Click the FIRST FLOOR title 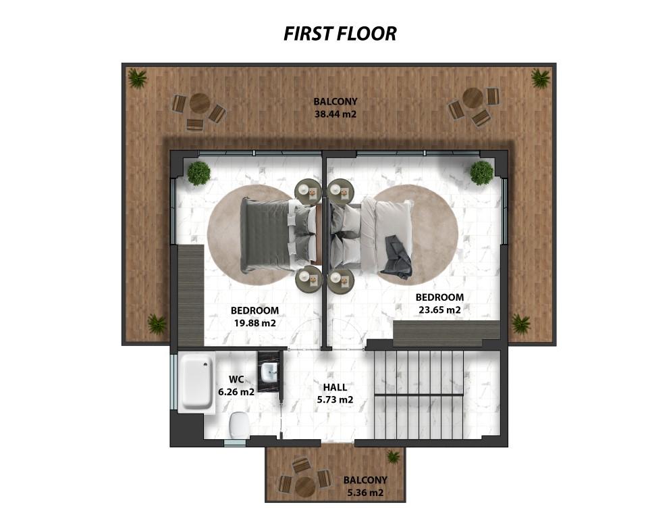tap(340, 33)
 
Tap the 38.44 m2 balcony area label tap(335, 114)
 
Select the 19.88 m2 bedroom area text tap(254, 323)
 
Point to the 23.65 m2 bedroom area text tap(439, 310)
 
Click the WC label tap(236, 379)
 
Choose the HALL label tap(335, 387)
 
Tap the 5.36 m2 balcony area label tap(365, 493)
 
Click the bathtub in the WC tap(196, 382)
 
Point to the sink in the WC tap(269, 372)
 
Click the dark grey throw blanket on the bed tap(396, 256)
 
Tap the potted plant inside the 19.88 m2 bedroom tap(198, 173)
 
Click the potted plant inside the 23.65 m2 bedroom tap(481, 173)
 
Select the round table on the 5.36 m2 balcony tap(305, 487)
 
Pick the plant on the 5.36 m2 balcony tap(393, 457)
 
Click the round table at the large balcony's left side tap(199, 103)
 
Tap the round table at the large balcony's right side tap(473, 98)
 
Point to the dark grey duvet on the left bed tap(265, 234)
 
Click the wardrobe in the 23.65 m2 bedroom tap(446, 333)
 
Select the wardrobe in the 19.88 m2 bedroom tap(190, 295)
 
